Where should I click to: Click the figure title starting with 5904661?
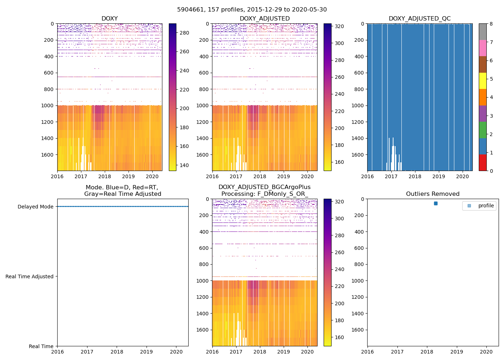[x=252, y=10]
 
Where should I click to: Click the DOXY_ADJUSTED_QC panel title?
[x=419, y=19]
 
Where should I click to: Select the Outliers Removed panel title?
[x=433, y=194]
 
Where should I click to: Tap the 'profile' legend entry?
[x=486, y=206]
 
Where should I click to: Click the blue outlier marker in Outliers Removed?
[x=436, y=203]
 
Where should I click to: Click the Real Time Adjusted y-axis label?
[x=29, y=276]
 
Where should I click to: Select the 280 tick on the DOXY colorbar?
[x=184, y=33]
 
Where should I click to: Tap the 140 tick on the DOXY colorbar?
[x=184, y=165]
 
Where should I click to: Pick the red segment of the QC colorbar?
[x=482, y=163]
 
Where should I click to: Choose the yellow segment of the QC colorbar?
[x=482, y=81]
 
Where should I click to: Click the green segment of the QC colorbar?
[x=482, y=130]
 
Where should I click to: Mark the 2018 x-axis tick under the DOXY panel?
[x=105, y=176]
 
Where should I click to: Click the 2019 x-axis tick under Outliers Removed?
[x=457, y=352]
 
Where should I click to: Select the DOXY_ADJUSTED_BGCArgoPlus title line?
[x=264, y=187]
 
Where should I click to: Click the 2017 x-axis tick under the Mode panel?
[x=87, y=352]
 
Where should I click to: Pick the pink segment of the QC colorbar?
[x=482, y=48]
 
